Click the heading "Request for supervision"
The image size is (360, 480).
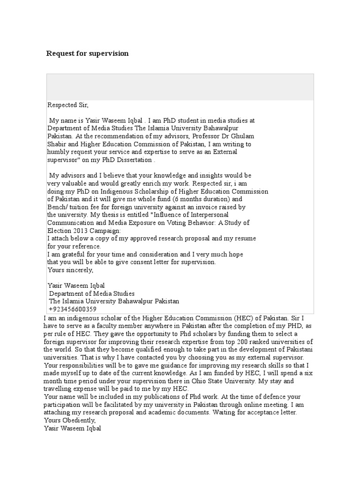87,53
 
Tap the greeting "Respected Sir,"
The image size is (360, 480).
68,105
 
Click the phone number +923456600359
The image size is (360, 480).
72,309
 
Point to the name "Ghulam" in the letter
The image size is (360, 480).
241,136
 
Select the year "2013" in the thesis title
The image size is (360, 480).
81,231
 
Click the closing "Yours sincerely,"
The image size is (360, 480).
71,270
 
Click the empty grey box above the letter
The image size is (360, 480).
180,87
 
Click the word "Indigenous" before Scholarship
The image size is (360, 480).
129,191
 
